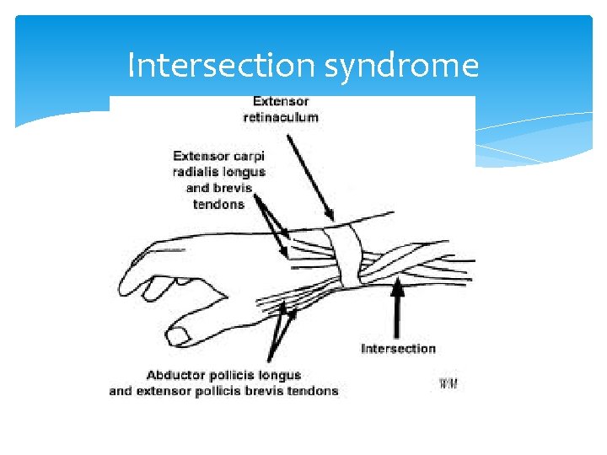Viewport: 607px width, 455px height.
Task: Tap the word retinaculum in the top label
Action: click(x=281, y=116)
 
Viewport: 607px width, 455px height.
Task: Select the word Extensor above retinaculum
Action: click(x=281, y=101)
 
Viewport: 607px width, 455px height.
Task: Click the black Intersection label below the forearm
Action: click(x=398, y=348)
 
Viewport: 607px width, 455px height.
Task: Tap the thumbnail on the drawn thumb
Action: click(x=179, y=336)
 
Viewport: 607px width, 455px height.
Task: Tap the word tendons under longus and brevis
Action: click(x=218, y=204)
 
